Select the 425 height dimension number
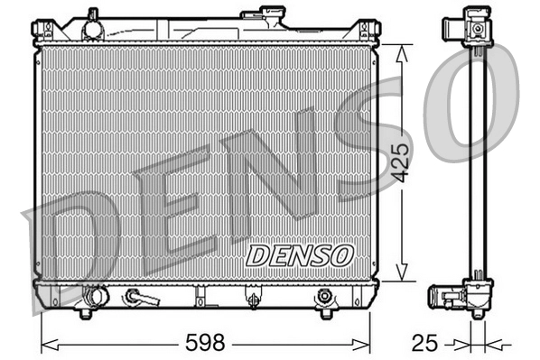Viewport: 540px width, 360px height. point(403,161)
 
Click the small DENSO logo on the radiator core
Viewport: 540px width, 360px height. point(299,254)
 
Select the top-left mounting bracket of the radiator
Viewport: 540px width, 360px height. point(42,31)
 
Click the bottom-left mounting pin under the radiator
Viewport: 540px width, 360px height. point(86,313)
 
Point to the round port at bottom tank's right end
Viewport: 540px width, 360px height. point(325,295)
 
